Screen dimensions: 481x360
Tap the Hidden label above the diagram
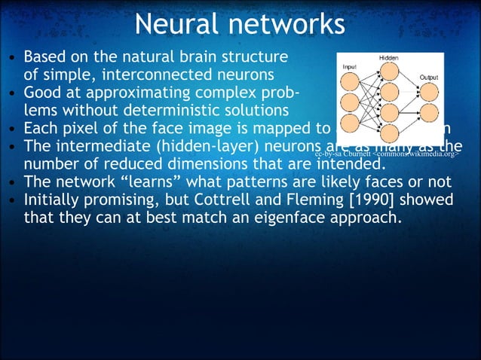tap(389, 59)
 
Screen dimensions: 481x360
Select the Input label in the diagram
tap(350, 67)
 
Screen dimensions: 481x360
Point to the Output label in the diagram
tap(428, 77)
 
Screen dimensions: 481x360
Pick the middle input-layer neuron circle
tap(351, 102)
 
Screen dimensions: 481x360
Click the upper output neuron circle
tap(427, 92)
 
